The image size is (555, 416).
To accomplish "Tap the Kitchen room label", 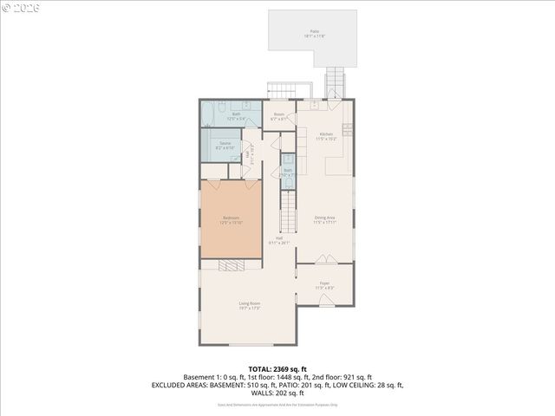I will pyautogui.click(x=326, y=136).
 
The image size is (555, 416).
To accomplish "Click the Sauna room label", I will pyautogui.click(x=225, y=146).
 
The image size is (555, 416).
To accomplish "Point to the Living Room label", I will pyautogui.click(x=250, y=305).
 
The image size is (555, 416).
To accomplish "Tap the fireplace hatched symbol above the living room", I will pyautogui.click(x=232, y=266).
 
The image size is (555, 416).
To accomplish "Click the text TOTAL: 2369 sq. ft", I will pyautogui.click(x=277, y=369).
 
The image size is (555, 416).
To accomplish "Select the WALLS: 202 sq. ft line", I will pyautogui.click(x=277, y=392).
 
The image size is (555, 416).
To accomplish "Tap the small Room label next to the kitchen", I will pyautogui.click(x=279, y=115).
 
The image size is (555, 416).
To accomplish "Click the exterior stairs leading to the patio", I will pyautogui.click(x=336, y=85).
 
